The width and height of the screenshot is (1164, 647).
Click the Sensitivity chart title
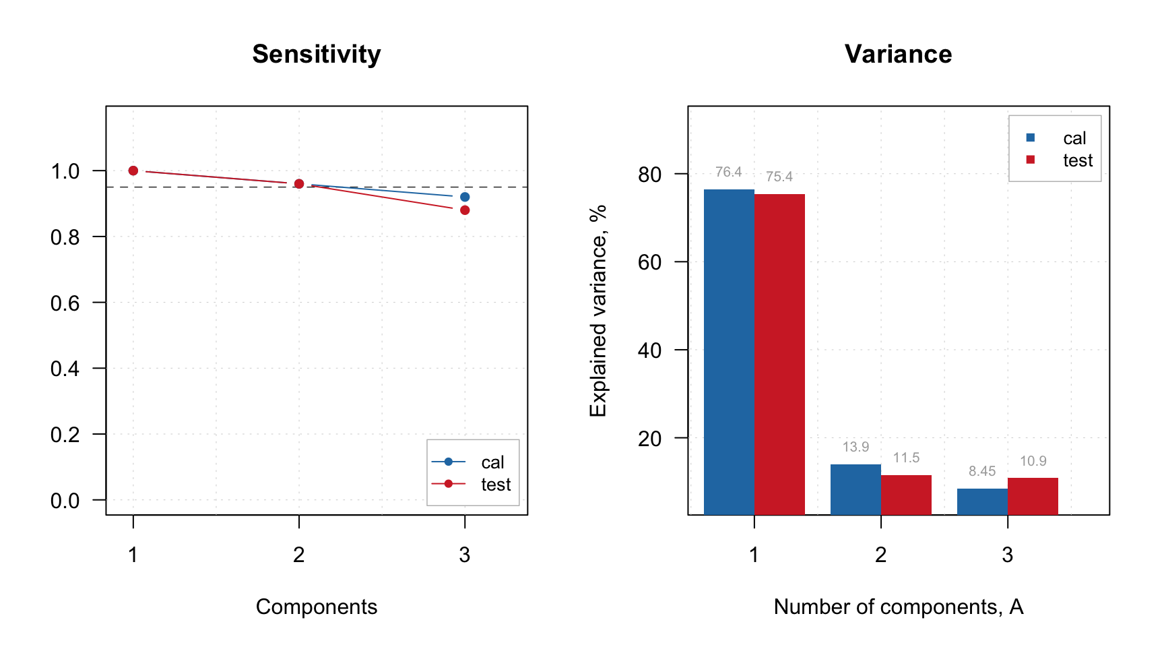(316, 54)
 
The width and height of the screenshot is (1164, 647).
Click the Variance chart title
(898, 54)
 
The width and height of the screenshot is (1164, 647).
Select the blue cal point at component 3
(465, 197)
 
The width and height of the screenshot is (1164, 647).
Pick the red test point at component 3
(465, 210)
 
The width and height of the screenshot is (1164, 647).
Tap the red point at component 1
(133, 171)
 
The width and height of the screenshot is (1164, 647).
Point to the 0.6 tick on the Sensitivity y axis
(65, 303)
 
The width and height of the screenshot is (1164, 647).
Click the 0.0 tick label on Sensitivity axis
(65, 501)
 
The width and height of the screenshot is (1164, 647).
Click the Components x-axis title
(316, 607)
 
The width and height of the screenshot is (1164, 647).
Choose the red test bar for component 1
(779, 355)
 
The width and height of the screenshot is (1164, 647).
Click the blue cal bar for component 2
(855, 489)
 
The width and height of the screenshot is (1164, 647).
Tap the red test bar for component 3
(1033, 496)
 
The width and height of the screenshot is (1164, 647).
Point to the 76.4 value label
(728, 172)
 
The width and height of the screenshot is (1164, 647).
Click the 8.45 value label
(982, 471)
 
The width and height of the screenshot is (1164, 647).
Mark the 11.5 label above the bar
(906, 458)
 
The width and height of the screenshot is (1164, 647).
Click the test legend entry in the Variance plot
(1077, 160)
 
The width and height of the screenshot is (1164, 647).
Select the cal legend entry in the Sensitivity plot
(492, 462)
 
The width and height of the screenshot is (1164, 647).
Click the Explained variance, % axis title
(598, 311)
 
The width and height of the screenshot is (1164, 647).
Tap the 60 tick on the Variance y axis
(649, 262)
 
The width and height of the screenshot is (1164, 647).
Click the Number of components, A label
(898, 607)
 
